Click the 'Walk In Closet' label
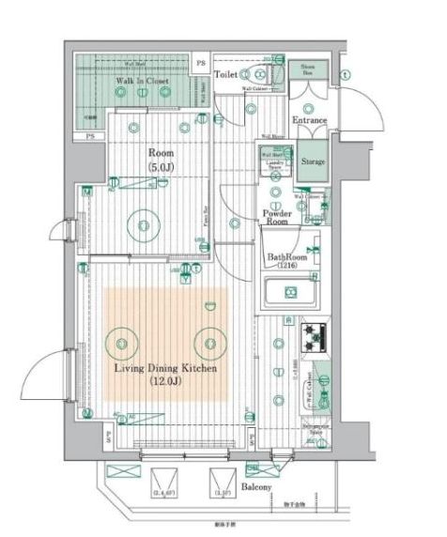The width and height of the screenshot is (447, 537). (142, 82)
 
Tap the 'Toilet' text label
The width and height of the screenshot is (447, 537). (226, 73)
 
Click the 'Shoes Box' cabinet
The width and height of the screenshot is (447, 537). (307, 72)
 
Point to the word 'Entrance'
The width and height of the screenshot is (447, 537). (310, 120)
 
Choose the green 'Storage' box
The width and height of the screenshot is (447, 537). (313, 161)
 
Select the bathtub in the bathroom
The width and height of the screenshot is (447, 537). (290, 295)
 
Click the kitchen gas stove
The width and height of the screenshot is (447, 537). (313, 333)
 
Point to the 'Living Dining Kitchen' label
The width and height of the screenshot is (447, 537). (166, 368)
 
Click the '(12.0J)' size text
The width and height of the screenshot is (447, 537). (165, 382)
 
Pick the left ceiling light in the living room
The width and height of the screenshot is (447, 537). (123, 339)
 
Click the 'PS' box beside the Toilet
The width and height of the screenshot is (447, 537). (199, 64)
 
